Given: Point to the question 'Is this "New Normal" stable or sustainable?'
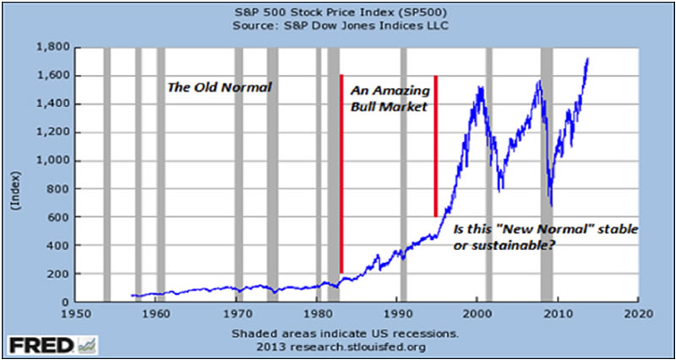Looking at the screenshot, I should coord(545,237).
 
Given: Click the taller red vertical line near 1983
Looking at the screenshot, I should coord(341,173).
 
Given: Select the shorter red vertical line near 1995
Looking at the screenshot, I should coord(436,146).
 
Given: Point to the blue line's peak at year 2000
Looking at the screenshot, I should coord(478,86).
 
